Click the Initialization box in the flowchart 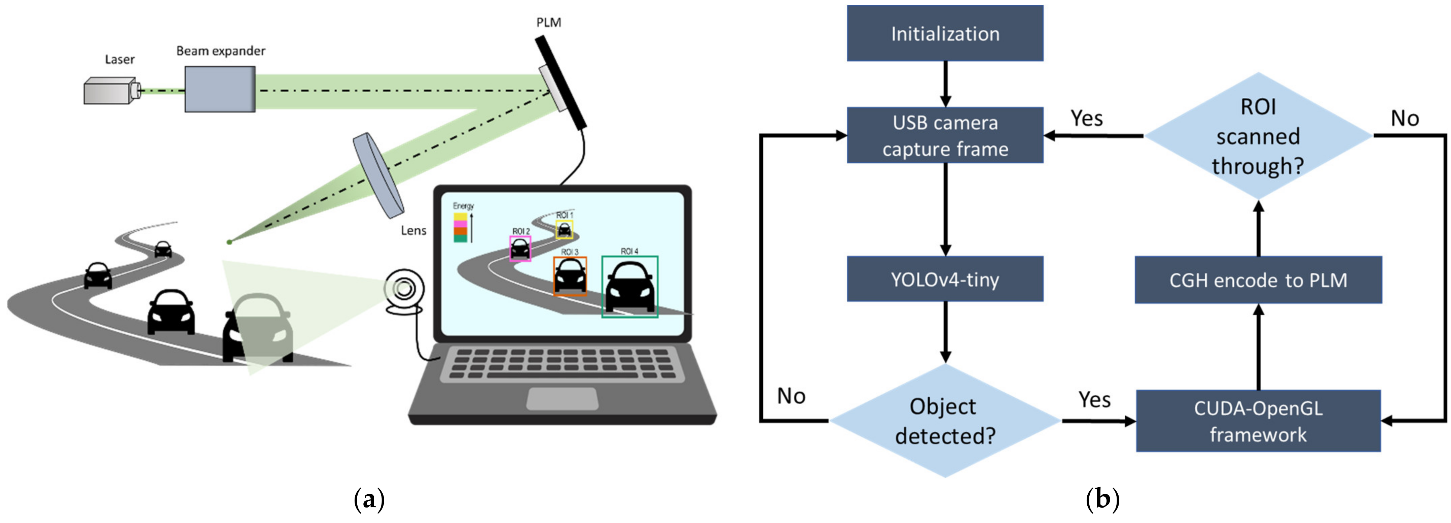(945, 33)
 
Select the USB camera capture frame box (945, 135)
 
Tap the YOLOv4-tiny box (945, 279)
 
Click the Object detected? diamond (945, 420)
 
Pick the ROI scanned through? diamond (1258, 136)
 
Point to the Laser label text (119, 59)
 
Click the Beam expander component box (220, 89)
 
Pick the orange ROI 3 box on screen (570, 276)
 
